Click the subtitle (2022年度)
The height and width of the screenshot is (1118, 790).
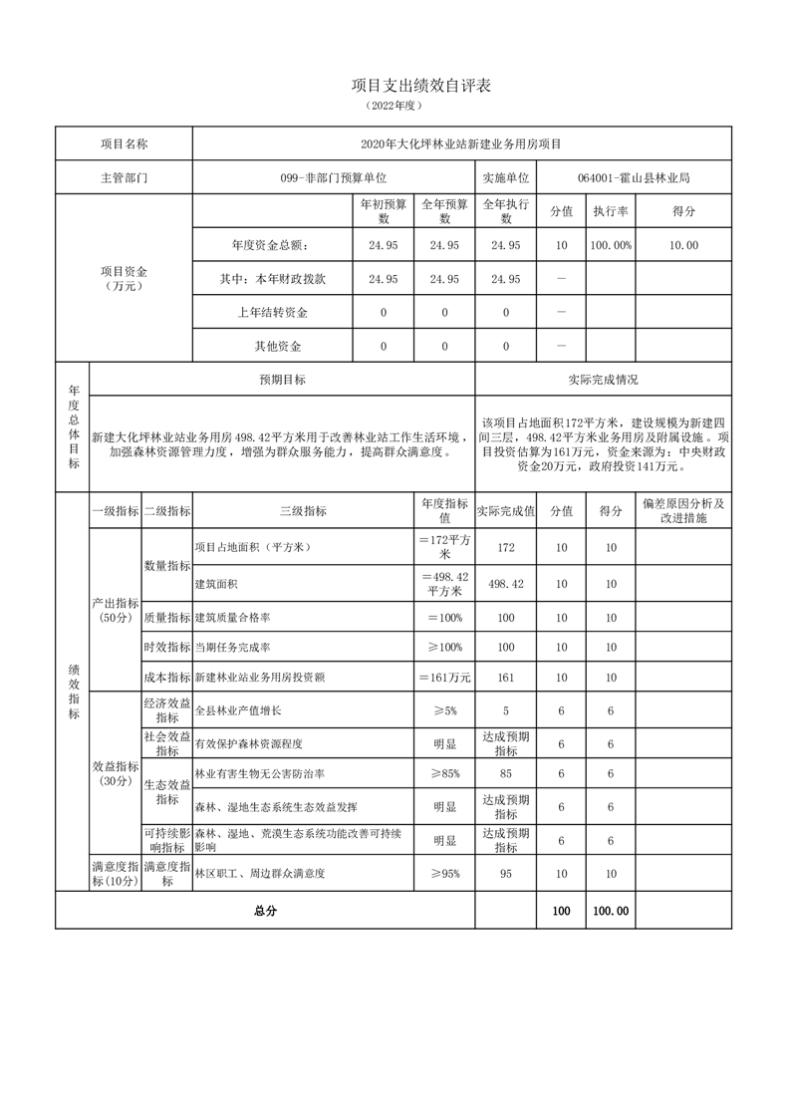[x=395, y=106]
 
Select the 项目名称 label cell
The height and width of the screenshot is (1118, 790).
[x=124, y=144]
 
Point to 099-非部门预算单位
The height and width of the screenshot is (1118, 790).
[x=333, y=178]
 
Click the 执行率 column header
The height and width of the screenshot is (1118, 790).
[x=610, y=211]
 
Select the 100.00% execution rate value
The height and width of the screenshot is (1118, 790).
[x=610, y=246]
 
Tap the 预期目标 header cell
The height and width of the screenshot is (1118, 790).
[x=282, y=380]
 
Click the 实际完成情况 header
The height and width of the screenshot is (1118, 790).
[x=603, y=380]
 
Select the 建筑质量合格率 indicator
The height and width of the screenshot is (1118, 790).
[x=235, y=618]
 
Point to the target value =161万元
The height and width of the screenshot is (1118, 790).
[x=444, y=678]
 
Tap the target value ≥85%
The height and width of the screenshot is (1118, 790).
[x=444, y=773]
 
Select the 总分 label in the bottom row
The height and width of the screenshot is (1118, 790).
[x=265, y=911]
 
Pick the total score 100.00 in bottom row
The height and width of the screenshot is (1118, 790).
[x=610, y=911]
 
